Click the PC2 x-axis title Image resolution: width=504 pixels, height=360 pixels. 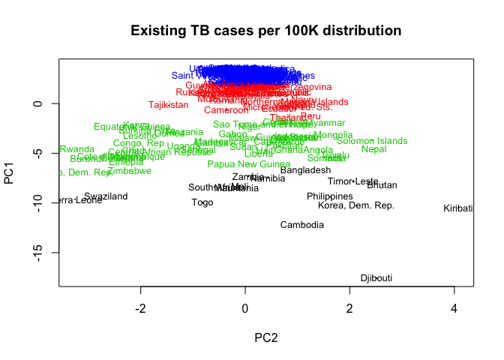coord(265,337)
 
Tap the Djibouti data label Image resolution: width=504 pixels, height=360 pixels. coord(376,278)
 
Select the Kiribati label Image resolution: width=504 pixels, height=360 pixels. coord(457,208)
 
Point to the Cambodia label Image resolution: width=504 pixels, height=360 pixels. coord(302,225)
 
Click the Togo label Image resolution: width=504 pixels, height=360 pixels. coord(202,202)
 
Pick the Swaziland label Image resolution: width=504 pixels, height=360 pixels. coord(106,196)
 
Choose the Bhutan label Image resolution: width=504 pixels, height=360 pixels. coord(382,185)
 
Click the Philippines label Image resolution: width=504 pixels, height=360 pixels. coord(330,196)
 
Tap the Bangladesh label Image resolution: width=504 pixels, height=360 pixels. coord(305,170)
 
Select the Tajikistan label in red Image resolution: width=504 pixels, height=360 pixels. coord(168,105)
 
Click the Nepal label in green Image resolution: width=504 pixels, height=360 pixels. coord(373,149)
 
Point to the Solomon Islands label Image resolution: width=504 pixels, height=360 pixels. coord(372,141)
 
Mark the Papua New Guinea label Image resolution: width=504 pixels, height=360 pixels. coord(248,164)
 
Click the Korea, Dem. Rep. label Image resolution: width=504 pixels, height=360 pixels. coord(356,205)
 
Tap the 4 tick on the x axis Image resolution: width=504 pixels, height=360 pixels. coord(454,309)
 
